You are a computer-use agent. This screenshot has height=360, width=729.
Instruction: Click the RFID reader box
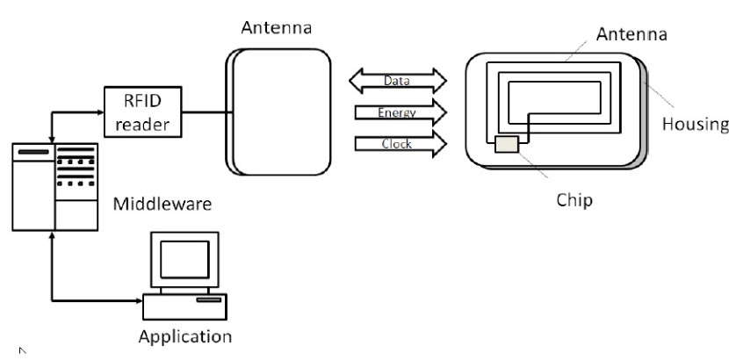click(143, 112)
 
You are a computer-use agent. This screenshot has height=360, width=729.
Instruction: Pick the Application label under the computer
click(185, 336)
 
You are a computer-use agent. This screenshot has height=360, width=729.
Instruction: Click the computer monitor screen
click(184, 258)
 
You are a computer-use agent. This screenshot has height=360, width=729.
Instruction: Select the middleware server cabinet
click(54, 184)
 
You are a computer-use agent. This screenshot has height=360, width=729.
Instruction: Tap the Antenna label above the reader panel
click(277, 29)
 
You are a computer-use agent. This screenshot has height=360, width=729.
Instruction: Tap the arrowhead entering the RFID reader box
click(99, 112)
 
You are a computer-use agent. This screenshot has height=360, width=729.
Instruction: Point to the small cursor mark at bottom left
click(22, 350)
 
